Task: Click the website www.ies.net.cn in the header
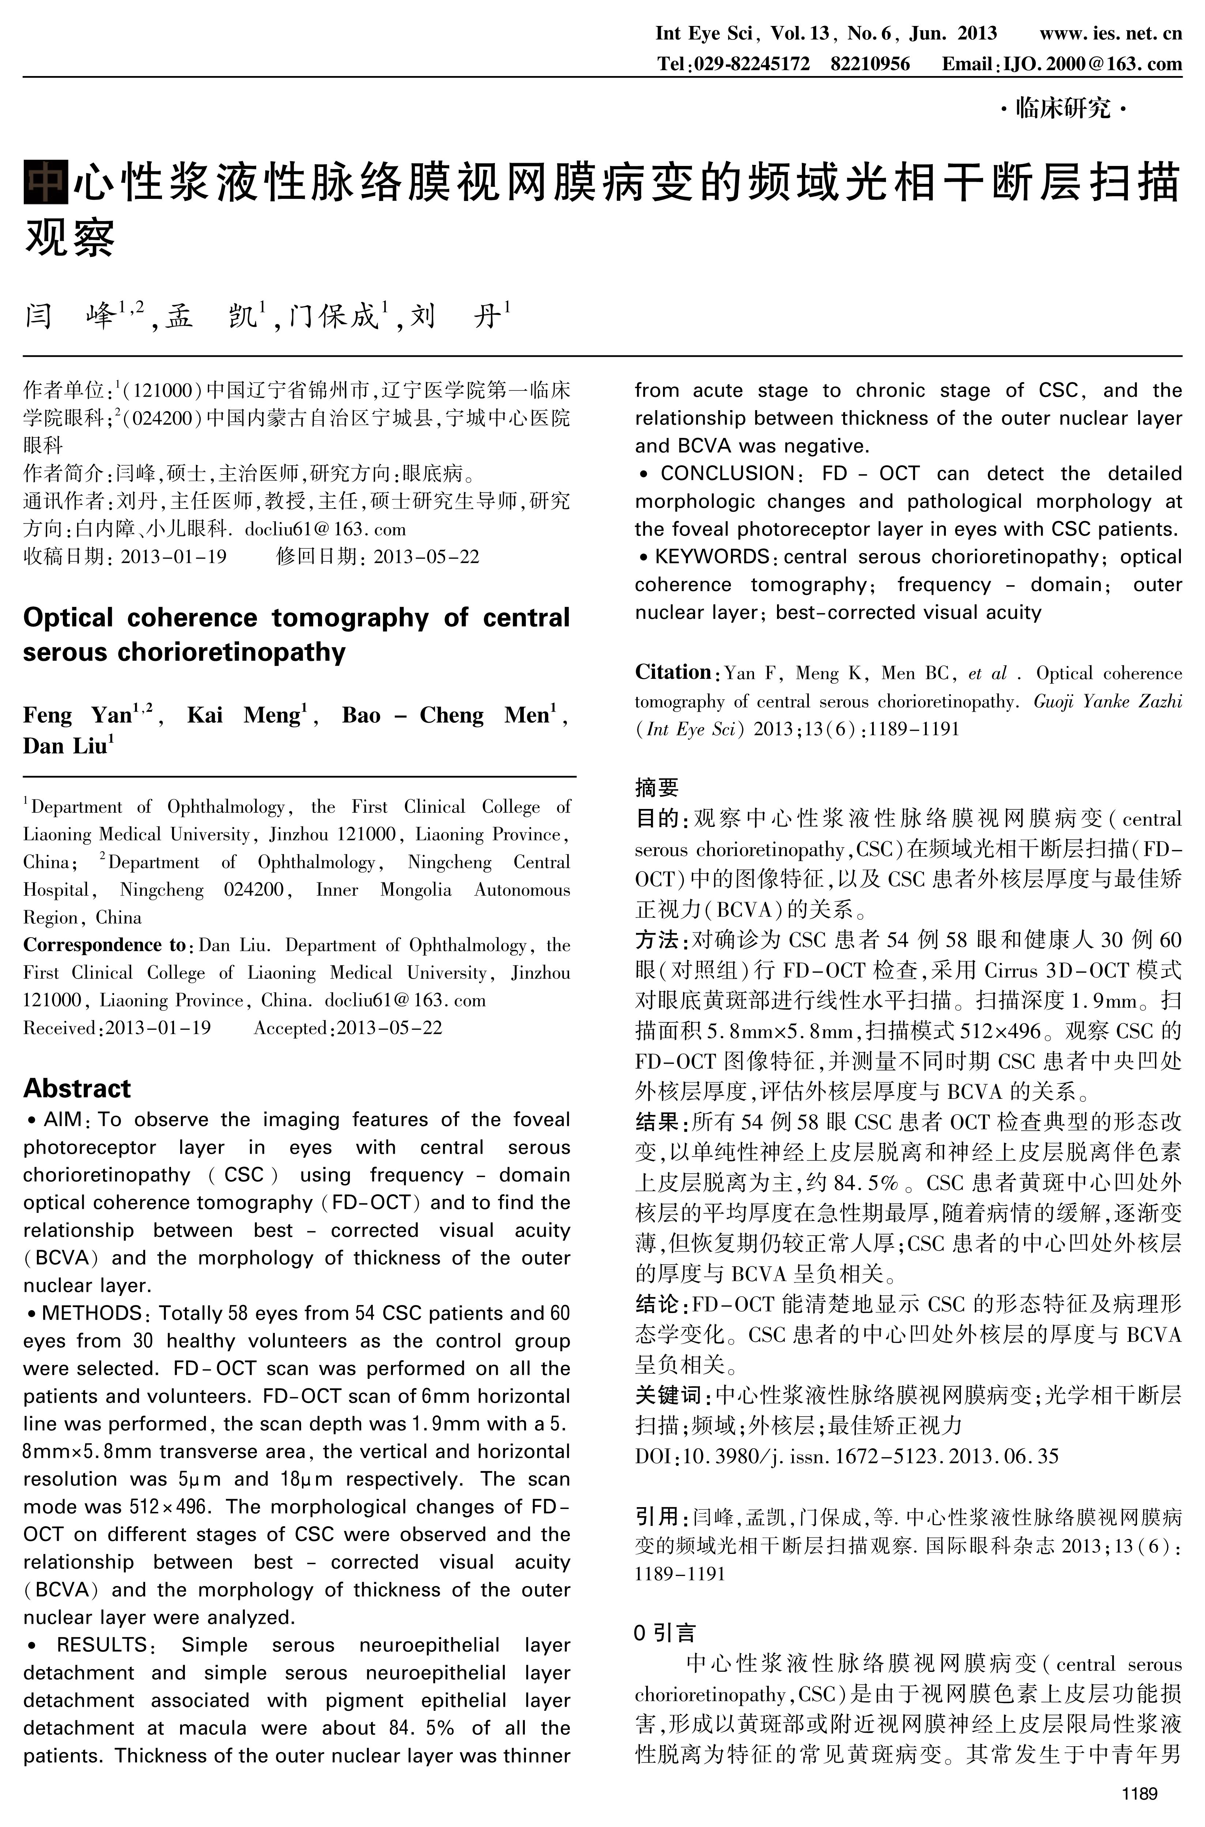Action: click(x=1110, y=33)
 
